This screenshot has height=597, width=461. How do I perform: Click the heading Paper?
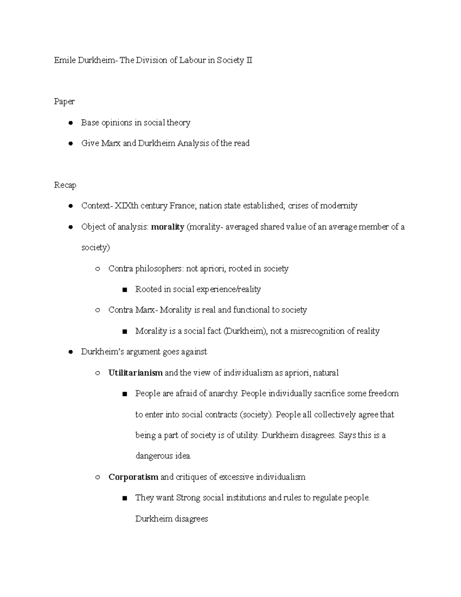[x=64, y=102]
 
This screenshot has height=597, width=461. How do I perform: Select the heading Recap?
[x=65, y=185]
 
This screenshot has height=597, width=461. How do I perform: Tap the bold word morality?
[x=167, y=227]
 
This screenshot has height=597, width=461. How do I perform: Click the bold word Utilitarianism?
[x=136, y=373]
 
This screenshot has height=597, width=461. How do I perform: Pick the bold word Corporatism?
[x=133, y=477]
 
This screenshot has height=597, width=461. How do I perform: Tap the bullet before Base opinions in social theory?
[x=70, y=123]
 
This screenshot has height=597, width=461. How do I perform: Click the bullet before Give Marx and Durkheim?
[x=70, y=144]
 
